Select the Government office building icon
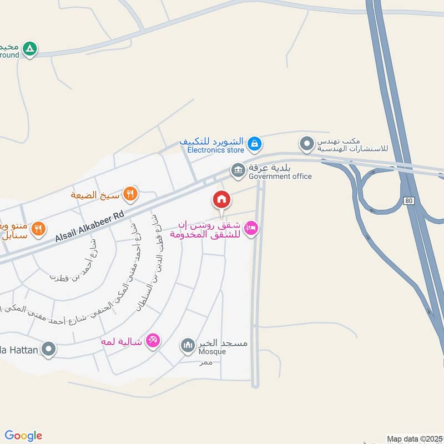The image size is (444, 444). [x=238, y=170]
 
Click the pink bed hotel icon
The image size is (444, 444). [x=251, y=229]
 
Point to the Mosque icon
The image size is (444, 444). [x=188, y=346]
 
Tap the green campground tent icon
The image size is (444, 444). [x=31, y=50]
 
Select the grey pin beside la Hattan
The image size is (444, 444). [x=49, y=350]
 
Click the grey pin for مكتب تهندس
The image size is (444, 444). [x=306, y=145]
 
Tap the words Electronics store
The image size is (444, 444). [x=215, y=150]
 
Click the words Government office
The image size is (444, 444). [x=280, y=176]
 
